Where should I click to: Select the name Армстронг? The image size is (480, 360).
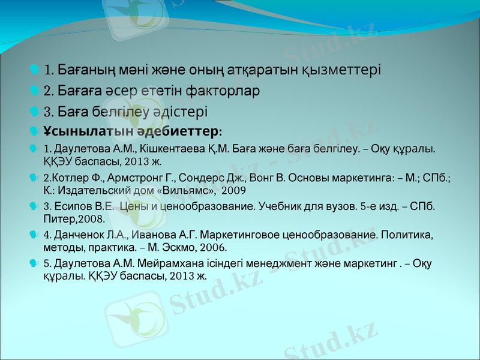[132, 178]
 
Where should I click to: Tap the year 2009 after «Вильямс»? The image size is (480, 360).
[233, 191]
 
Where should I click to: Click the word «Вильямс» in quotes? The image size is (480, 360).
[187, 191]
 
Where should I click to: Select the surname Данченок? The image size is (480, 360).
[81, 233]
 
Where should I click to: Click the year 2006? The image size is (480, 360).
[214, 247]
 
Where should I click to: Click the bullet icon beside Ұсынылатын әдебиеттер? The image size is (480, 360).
[34, 130]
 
